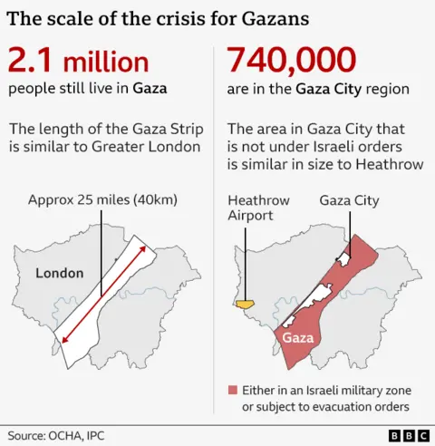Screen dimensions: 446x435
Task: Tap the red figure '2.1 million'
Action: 78,62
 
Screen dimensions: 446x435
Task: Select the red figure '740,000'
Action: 291,61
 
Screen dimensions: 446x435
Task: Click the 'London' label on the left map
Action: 59,273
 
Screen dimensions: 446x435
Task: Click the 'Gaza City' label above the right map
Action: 350,200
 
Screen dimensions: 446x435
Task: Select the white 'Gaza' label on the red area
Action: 298,338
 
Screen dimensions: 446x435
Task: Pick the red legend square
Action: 232,390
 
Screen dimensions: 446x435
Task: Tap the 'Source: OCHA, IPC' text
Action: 55,435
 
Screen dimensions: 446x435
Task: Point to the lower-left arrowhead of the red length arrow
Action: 63,340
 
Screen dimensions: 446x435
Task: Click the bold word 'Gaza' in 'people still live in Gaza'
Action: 150,89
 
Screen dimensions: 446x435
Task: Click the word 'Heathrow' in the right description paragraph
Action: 373,163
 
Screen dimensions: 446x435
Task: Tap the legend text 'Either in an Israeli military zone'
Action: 324,390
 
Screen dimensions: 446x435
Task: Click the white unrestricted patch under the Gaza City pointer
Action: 343,259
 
